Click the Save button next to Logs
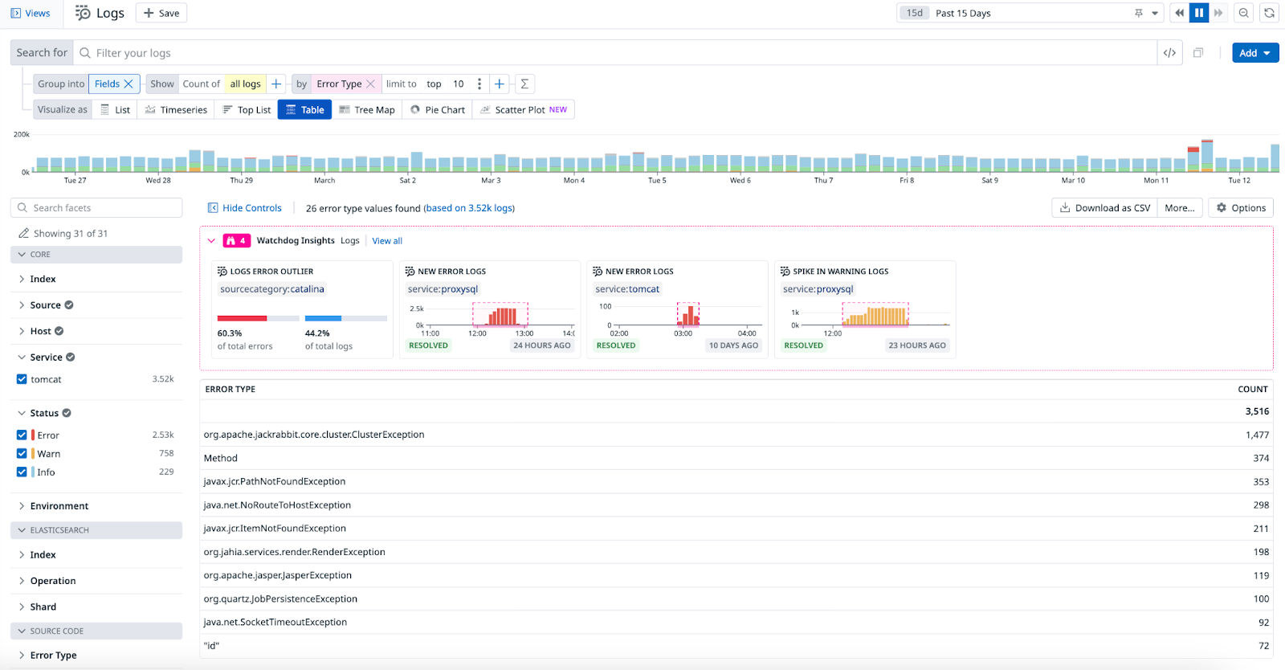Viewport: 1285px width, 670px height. (161, 13)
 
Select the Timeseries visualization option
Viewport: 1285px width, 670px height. (176, 110)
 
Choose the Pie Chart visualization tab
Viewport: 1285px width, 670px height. (438, 110)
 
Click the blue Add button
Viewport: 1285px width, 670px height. (1254, 53)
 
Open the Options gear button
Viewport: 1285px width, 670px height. (1241, 208)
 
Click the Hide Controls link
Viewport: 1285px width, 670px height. (245, 208)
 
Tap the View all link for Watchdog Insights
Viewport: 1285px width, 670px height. (387, 241)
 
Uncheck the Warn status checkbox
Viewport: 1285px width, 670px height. (22, 454)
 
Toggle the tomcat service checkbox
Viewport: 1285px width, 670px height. (22, 379)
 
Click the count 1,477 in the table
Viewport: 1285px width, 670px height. (1257, 435)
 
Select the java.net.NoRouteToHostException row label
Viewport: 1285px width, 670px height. (277, 505)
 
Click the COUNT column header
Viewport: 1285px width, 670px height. (1252, 389)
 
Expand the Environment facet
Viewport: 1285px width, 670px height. (59, 506)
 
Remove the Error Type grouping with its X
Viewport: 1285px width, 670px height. (370, 84)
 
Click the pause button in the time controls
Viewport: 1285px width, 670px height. (1199, 13)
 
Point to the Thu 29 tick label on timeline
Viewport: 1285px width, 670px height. (241, 181)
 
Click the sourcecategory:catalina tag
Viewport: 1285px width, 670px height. (272, 289)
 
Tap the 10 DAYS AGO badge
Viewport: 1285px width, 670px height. (733, 345)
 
